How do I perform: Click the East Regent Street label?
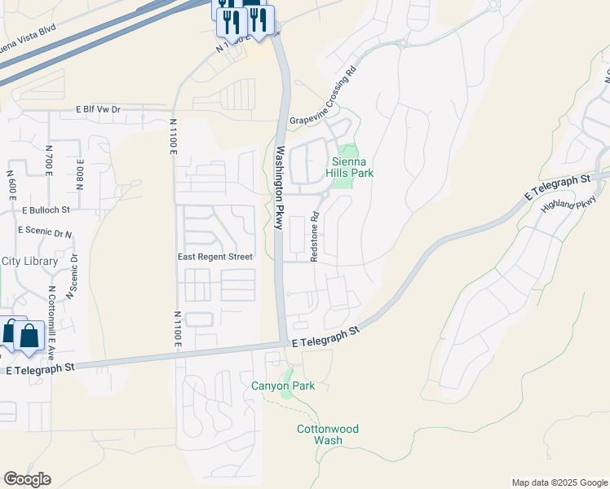tap(215, 256)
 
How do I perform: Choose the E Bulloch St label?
tap(46, 209)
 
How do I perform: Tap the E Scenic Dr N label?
tap(44, 232)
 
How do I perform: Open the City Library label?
tap(29, 261)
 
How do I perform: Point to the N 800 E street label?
tap(80, 174)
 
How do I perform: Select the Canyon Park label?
tap(282, 385)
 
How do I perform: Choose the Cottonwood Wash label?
tap(327, 434)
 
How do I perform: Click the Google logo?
tap(27, 479)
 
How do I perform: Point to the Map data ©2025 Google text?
tap(559, 482)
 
